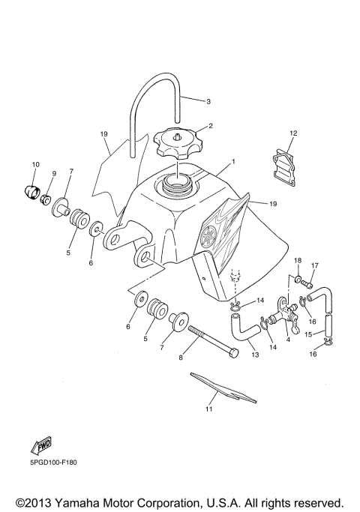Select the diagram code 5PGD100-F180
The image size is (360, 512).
(55, 462)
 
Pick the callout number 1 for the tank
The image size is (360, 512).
(233, 161)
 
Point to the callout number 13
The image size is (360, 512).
(255, 355)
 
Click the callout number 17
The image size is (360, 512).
(316, 265)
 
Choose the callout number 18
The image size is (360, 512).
(297, 260)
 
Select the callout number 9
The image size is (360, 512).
(54, 173)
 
